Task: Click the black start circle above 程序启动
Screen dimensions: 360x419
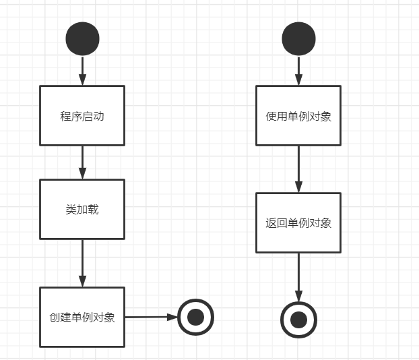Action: (x=82, y=38)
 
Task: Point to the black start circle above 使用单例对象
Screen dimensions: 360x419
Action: (x=298, y=38)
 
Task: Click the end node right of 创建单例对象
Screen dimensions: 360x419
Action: (x=195, y=316)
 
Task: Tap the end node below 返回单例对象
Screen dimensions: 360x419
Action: (x=298, y=319)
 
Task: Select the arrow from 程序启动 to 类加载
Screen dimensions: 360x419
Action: (x=82, y=162)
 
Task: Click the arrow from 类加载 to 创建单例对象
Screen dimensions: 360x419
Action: (x=82, y=263)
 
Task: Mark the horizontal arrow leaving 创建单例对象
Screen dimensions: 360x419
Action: (x=151, y=316)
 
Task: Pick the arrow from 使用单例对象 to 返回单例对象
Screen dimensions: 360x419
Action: (x=298, y=169)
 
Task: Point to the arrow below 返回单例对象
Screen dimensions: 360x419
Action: (x=298, y=276)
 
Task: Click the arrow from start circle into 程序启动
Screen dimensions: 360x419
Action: (x=82, y=70)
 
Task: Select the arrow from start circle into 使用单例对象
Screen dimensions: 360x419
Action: (x=298, y=70)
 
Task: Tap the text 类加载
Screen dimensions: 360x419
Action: (x=82, y=210)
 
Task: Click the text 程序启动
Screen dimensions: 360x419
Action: (x=82, y=116)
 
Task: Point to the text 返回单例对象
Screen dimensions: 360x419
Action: (x=298, y=223)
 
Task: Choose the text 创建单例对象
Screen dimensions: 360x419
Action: (x=82, y=318)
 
